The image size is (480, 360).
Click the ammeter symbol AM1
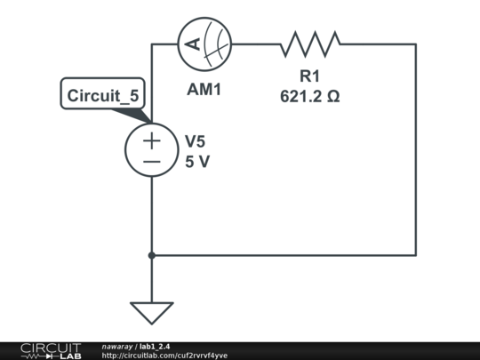pyautogui.click(x=204, y=44)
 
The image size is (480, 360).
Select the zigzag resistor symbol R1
pyautogui.click(x=310, y=44)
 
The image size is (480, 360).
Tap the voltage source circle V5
pyautogui.click(x=151, y=149)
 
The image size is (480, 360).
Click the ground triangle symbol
pyautogui.click(x=151, y=313)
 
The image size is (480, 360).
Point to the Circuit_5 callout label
pyautogui.click(x=103, y=95)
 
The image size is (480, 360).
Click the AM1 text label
pyautogui.click(x=204, y=90)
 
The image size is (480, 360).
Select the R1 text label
pyautogui.click(x=309, y=76)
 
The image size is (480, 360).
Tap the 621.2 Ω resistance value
pyautogui.click(x=310, y=96)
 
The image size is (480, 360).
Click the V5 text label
pyautogui.click(x=195, y=141)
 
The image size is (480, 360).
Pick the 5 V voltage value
pyautogui.click(x=197, y=162)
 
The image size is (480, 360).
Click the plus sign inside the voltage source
pyautogui.click(x=151, y=140)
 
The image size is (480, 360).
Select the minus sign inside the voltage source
pyautogui.click(x=151, y=162)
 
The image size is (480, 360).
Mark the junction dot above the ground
pyautogui.click(x=151, y=255)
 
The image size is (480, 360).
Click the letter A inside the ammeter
pyautogui.click(x=193, y=44)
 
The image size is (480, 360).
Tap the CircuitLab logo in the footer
pyautogui.click(x=51, y=351)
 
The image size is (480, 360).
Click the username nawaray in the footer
pyautogui.click(x=117, y=347)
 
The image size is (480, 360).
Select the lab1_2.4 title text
pyautogui.click(x=155, y=347)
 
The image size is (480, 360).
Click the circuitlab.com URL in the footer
pyautogui.click(x=164, y=356)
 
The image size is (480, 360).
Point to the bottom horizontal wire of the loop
pyautogui.click(x=284, y=255)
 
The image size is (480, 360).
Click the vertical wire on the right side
pyautogui.click(x=416, y=149)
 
